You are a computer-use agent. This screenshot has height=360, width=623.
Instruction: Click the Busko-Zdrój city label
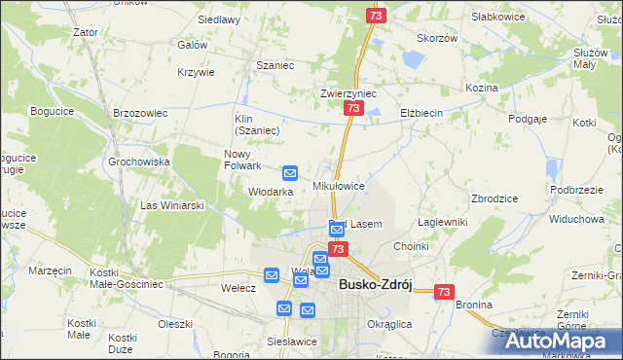click(x=376, y=286)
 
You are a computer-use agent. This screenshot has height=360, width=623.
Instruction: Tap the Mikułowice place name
click(x=339, y=185)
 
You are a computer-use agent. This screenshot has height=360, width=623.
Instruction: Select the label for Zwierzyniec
click(x=348, y=94)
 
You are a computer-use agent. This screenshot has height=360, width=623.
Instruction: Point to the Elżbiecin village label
click(x=421, y=113)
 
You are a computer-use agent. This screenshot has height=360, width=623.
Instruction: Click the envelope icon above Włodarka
click(x=290, y=173)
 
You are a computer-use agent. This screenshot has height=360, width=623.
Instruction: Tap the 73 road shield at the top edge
click(x=377, y=16)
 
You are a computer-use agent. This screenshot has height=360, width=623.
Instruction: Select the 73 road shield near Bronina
click(x=445, y=291)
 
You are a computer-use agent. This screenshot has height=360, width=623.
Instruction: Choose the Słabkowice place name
click(x=497, y=17)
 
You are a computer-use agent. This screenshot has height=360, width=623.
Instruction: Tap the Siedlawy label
click(x=219, y=19)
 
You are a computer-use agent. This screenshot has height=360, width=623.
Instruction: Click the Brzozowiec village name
click(x=134, y=113)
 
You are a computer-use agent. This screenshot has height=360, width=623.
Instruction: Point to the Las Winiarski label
click(x=172, y=205)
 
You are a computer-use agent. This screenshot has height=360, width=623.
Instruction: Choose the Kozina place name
click(x=481, y=88)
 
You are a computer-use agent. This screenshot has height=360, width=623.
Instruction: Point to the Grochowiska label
click(x=139, y=162)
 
